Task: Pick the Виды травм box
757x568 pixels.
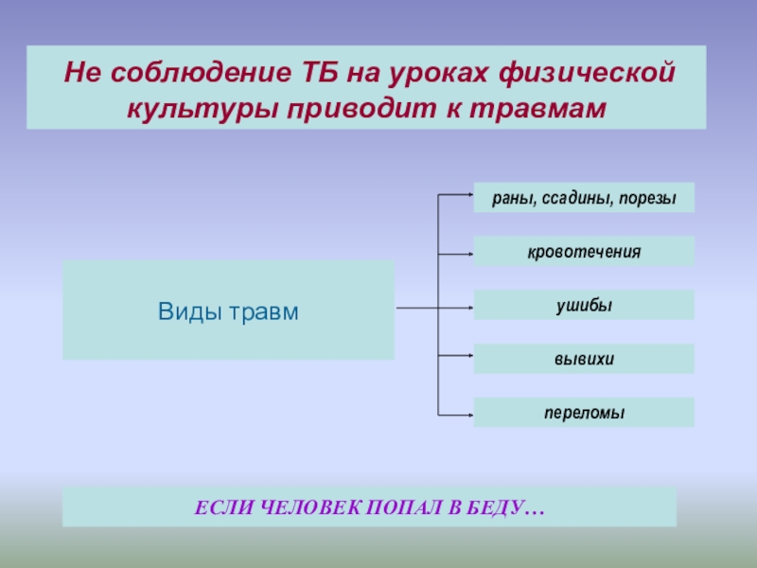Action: point(228,311)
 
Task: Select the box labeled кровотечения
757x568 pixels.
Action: point(584,252)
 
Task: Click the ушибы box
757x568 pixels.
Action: point(584,306)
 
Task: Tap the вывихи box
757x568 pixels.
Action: point(584,359)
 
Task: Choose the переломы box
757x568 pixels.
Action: point(584,413)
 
